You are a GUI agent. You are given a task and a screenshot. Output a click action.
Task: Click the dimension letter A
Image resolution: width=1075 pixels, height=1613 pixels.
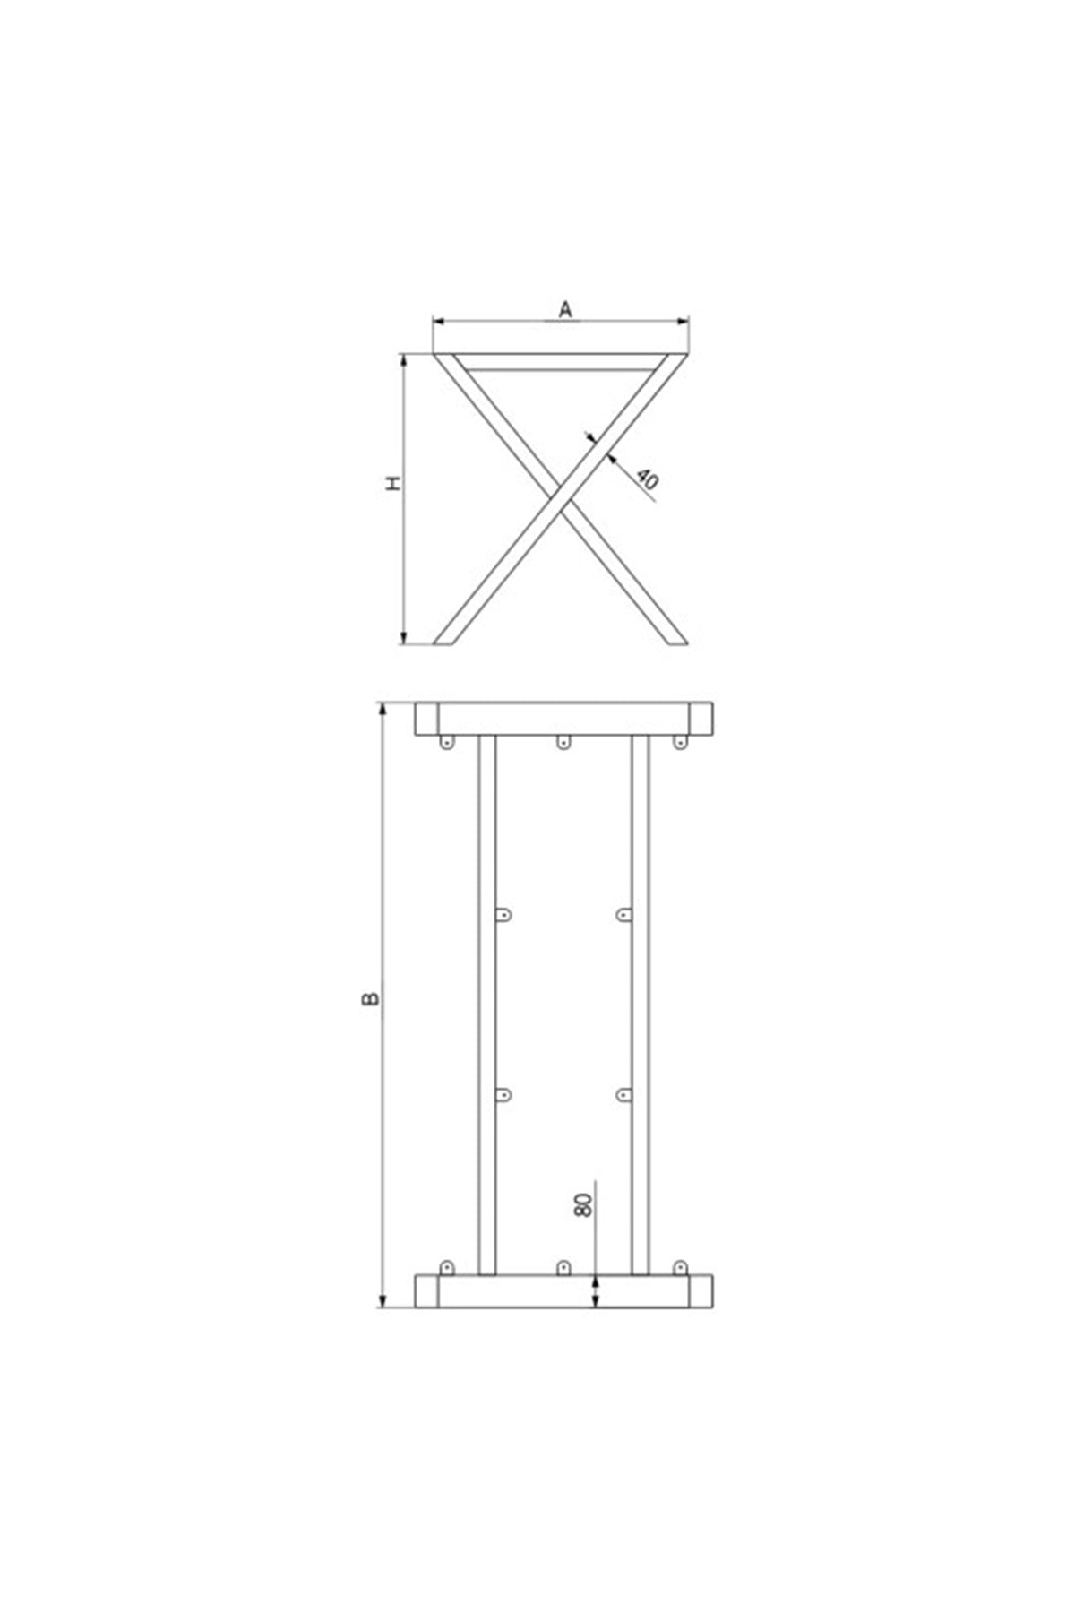tap(565, 310)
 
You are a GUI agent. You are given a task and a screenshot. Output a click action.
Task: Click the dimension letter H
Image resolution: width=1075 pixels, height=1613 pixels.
tap(393, 484)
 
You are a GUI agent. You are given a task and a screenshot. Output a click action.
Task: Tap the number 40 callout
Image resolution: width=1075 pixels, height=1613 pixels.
tap(648, 479)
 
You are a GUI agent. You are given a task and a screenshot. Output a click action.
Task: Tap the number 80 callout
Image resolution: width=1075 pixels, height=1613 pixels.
tap(583, 1205)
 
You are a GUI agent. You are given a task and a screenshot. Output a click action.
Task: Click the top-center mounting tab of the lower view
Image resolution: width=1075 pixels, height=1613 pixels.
tap(563, 742)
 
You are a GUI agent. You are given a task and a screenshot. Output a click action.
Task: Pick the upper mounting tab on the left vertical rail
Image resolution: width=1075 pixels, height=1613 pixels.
tap(504, 914)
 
